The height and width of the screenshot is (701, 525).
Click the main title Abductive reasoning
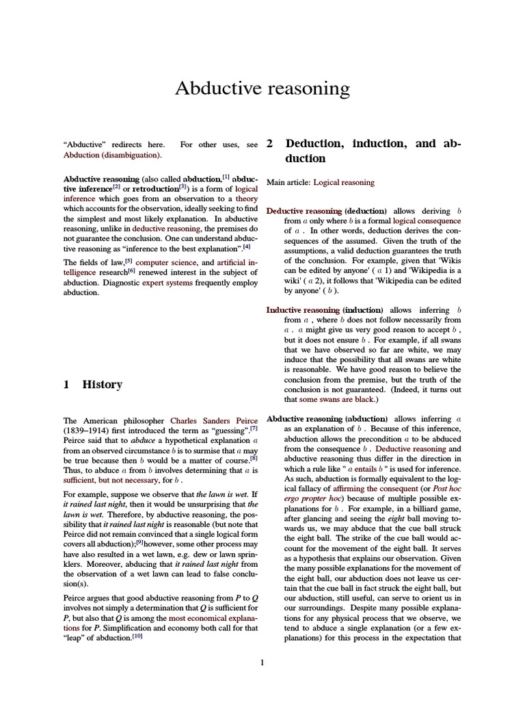[262, 88]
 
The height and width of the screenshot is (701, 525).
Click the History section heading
[102, 384]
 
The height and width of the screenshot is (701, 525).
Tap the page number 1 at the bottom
[262, 662]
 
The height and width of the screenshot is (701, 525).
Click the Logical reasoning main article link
[344, 182]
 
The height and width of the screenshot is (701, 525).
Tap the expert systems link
[167, 282]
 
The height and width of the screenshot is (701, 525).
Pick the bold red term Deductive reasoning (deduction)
[326, 211]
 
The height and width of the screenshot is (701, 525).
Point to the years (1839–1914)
[88, 431]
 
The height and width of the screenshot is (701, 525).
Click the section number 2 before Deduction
[270, 144]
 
